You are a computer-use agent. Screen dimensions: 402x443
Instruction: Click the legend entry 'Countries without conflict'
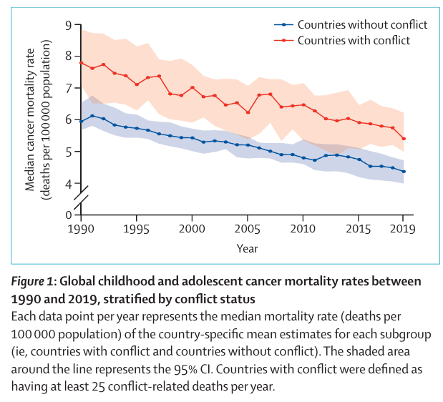(x=361, y=25)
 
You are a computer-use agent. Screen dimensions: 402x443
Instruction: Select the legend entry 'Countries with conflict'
(x=353, y=40)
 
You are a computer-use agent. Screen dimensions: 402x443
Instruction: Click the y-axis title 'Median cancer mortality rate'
(x=30, y=114)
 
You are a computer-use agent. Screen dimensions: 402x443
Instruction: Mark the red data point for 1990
(x=82, y=63)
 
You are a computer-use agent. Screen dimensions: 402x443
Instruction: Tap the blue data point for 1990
(x=82, y=122)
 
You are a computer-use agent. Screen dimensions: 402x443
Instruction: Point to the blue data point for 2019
(x=404, y=172)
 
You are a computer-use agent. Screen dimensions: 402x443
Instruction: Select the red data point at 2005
(x=248, y=112)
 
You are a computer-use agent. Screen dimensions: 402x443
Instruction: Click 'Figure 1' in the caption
(x=36, y=280)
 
